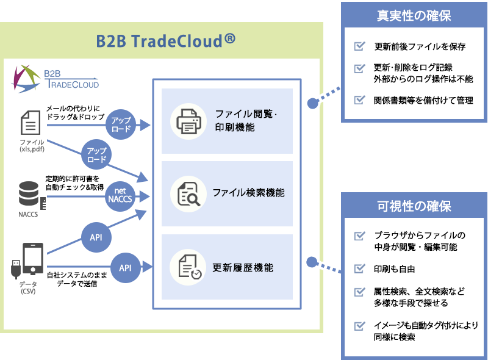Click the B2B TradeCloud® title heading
165,41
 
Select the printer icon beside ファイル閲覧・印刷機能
188,121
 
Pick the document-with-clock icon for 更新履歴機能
188,267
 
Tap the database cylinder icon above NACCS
28,194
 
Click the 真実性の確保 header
414,15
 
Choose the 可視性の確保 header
414,206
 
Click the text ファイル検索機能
248,193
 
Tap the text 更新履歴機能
242,267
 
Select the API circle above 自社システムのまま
126,268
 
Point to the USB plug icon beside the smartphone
15,268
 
